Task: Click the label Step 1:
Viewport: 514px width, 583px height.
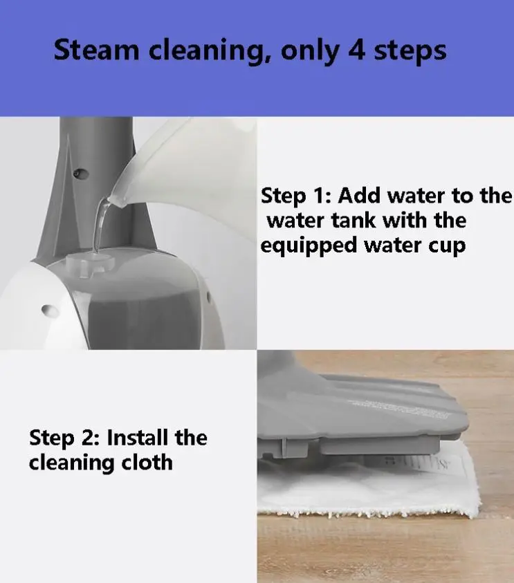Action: tap(295, 196)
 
